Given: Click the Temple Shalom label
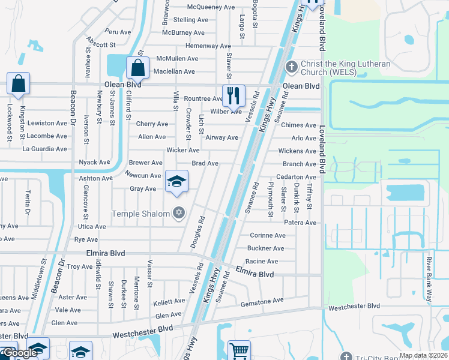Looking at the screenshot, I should pyautogui.click(x=142, y=214).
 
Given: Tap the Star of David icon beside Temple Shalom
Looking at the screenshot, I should pyautogui.click(x=178, y=213).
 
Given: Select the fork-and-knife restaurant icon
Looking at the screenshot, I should pyautogui.click(x=234, y=95).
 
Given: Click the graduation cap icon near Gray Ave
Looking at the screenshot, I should pyautogui.click(x=177, y=181).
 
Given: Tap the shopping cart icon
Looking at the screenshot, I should pyautogui.click(x=239, y=350).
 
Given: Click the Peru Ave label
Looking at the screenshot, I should pyautogui.click(x=118, y=32).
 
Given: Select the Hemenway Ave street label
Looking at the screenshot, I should pyautogui.click(x=208, y=46).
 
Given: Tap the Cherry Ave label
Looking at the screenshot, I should pyautogui.click(x=152, y=124).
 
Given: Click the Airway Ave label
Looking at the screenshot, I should pyautogui.click(x=221, y=137).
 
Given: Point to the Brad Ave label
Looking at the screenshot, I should pyautogui.click(x=205, y=163).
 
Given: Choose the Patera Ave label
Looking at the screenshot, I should pyautogui.click(x=300, y=223).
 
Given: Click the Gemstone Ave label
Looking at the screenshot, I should pyautogui.click(x=262, y=301).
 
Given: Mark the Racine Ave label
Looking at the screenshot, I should pyautogui.click(x=262, y=262).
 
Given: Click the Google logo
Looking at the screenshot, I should pyautogui.click(x=20, y=353).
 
